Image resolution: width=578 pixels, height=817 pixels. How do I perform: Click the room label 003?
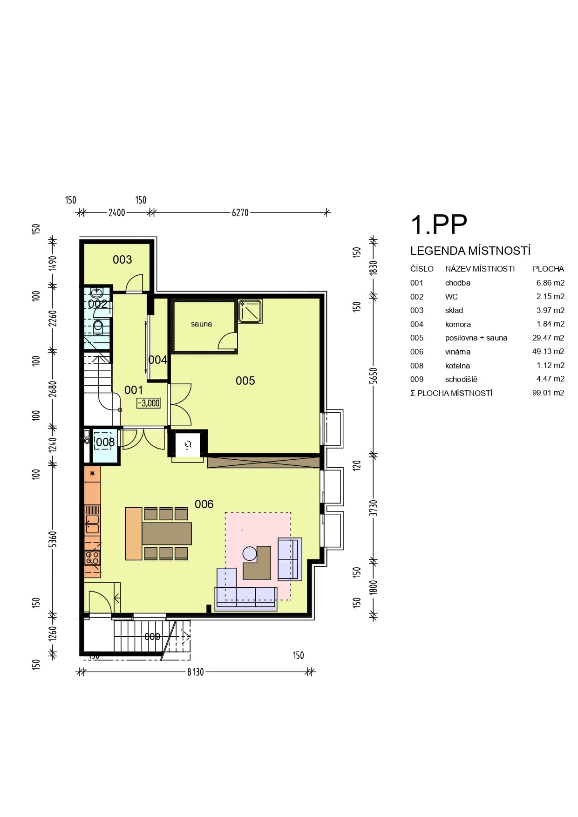tap(122, 260)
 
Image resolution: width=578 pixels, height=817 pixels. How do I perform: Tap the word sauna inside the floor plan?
tap(201, 324)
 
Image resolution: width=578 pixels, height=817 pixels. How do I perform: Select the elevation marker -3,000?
tap(149, 403)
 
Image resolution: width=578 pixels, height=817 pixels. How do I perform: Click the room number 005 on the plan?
tap(245, 381)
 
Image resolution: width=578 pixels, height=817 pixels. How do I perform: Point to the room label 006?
tap(204, 504)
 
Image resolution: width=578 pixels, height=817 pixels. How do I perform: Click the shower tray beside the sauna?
tap(250, 312)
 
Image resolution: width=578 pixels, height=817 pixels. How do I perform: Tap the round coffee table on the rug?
tap(250, 553)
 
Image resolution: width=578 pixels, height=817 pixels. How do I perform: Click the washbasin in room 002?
tap(97, 293)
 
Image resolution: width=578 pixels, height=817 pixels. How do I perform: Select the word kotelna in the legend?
tap(457, 366)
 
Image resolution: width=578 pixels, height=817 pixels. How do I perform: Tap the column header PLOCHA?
tap(548, 269)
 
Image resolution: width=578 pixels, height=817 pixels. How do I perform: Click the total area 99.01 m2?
tap(548, 393)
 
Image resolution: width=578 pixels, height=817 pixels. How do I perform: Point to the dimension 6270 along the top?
tap(240, 212)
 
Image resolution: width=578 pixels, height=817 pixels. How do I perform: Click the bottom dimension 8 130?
tap(196, 672)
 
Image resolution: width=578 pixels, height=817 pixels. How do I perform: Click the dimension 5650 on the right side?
tap(373, 376)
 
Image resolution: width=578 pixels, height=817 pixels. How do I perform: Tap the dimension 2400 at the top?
tap(116, 212)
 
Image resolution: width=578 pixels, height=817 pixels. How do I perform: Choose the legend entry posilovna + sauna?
tap(476, 338)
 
